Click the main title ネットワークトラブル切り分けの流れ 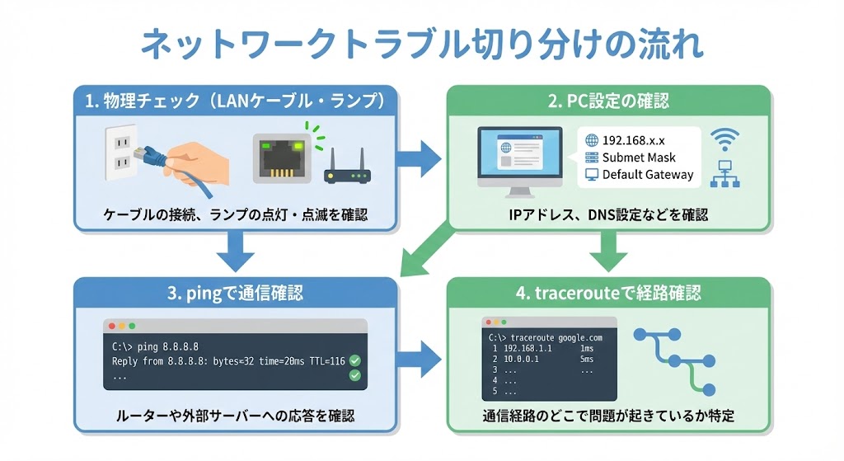pos(423,45)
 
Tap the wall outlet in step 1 pos(120,153)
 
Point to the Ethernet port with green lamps pos(282,159)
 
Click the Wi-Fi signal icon pos(724,139)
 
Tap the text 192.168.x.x pos(633,140)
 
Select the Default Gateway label pos(648,175)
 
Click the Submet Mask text pos(639,158)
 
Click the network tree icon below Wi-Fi pos(724,174)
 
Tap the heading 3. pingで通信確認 pos(235,294)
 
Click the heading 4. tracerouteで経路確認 pos(608,293)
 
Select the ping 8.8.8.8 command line pos(155,347)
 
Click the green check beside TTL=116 pos(354,360)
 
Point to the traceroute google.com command pos(546,337)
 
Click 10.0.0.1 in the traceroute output pos(521,360)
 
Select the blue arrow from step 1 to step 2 pos(418,158)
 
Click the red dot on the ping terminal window pos(112,326)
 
